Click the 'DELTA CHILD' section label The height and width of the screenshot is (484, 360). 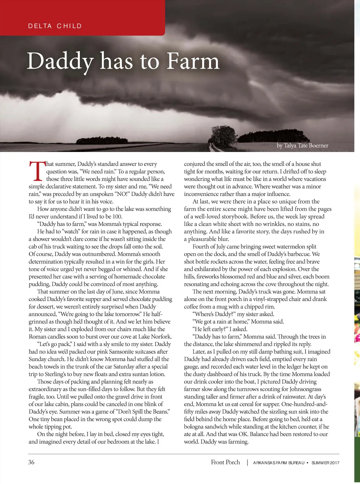[x=55, y=26]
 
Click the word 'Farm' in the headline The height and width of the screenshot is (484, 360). [x=193, y=61]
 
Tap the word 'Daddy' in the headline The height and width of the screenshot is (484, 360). [x=60, y=61]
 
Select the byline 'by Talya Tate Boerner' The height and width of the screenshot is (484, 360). [x=302, y=146]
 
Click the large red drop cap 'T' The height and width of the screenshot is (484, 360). [x=37, y=171]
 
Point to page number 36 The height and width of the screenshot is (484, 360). [x=31, y=462]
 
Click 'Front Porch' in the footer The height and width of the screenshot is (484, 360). [x=225, y=462]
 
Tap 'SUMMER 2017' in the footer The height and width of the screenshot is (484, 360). [x=325, y=463]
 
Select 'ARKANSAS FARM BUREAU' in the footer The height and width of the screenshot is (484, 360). [x=278, y=463]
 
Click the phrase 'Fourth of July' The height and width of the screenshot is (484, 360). [x=210, y=247]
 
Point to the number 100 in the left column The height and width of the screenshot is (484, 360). [x=117, y=216]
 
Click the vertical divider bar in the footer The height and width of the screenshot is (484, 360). [x=247, y=463]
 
